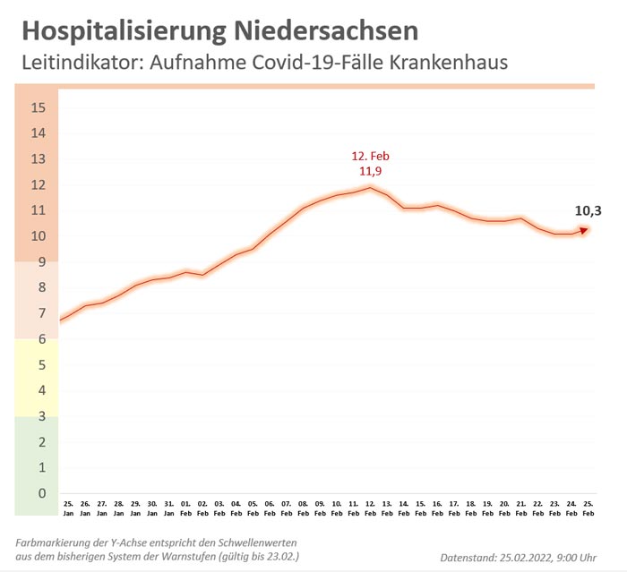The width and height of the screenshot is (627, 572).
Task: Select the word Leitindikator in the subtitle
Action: pyautogui.click(x=79, y=63)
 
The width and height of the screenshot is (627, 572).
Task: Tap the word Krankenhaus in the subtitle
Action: pyautogui.click(x=453, y=63)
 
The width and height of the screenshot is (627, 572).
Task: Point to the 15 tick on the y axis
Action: pyautogui.click(x=38, y=107)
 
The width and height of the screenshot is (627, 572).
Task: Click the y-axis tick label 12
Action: pyautogui.click(x=38, y=184)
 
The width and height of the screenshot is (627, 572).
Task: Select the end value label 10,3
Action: pyautogui.click(x=588, y=211)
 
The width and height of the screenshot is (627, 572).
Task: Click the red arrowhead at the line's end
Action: pyautogui.click(x=584, y=230)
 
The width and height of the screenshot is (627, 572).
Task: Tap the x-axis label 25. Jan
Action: pyautogui.click(x=67, y=508)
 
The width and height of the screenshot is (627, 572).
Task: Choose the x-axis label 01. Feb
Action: pyautogui.click(x=185, y=508)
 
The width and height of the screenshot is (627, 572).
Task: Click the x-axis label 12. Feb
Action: pyautogui.click(x=370, y=508)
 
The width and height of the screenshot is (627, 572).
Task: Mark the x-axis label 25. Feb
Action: pyautogui.click(x=588, y=508)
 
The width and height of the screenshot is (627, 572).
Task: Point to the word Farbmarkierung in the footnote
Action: pyautogui.click(x=56, y=543)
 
